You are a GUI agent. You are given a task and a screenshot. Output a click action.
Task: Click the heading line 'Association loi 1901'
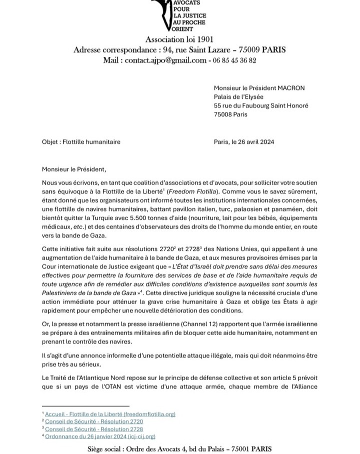point(179,39)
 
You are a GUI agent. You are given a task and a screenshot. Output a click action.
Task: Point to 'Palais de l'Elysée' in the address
point(238,97)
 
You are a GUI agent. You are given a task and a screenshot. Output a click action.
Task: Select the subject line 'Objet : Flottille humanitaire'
point(81,142)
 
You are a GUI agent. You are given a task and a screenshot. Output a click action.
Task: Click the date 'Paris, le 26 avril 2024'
point(244,142)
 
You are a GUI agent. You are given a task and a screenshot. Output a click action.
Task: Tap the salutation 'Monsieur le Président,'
point(74,169)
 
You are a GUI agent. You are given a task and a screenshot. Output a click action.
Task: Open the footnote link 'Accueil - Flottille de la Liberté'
point(110,414)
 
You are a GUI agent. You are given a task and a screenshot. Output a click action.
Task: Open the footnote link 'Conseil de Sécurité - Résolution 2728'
point(94,429)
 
